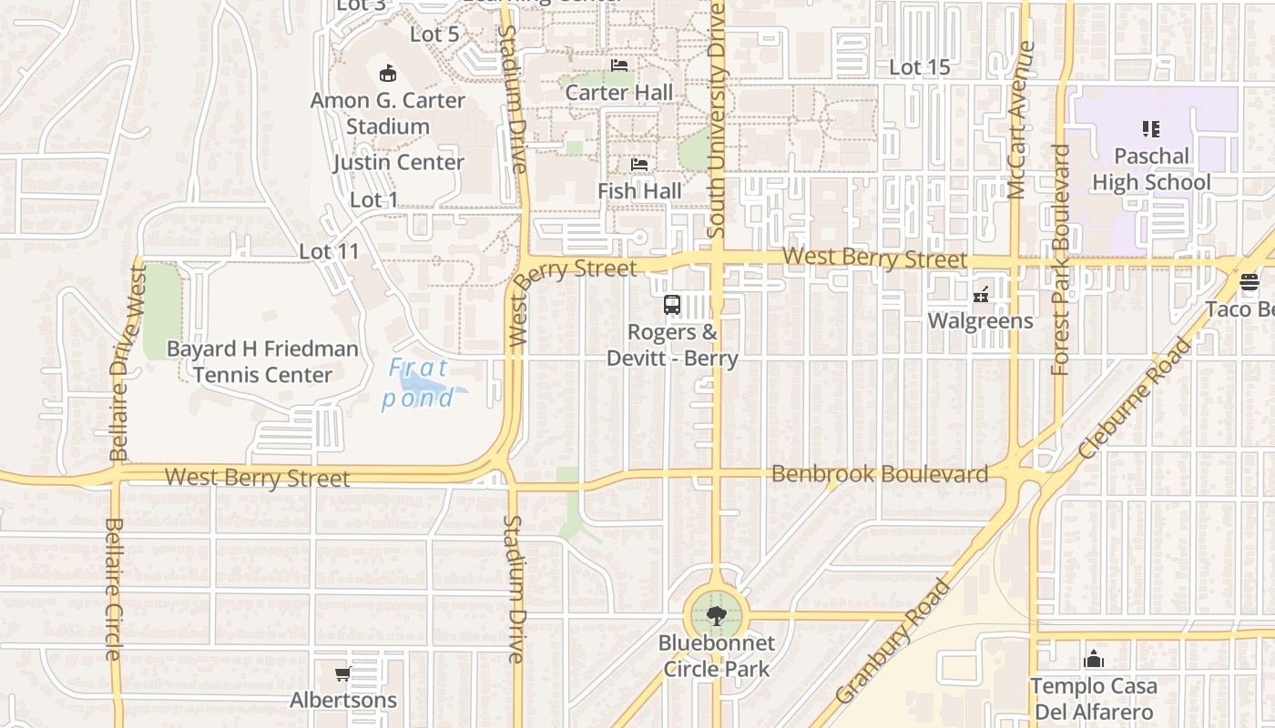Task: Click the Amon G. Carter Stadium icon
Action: (388, 73)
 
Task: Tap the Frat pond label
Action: (418, 383)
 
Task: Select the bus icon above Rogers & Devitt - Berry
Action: (672, 305)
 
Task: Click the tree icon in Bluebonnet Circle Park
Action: (717, 616)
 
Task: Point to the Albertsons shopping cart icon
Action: (342, 674)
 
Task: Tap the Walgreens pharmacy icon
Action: (981, 294)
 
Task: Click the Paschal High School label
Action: (1151, 169)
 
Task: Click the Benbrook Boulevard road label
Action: (880, 474)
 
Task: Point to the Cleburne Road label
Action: (1135, 399)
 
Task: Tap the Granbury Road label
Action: (892, 642)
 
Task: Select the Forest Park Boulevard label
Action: (1060, 259)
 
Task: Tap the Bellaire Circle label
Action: (114, 589)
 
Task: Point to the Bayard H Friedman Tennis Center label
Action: (262, 361)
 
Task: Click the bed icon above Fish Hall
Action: (640, 166)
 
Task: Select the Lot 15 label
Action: (919, 67)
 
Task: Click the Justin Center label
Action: (398, 163)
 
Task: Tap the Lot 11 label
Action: (329, 251)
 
